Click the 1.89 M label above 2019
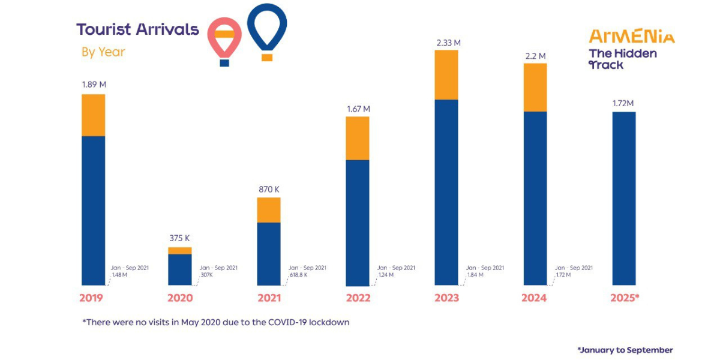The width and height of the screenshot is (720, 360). pyautogui.click(x=93, y=85)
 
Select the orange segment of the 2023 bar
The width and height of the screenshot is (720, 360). pyautogui.click(x=446, y=74)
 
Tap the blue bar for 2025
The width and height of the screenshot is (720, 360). pyautogui.click(x=623, y=198)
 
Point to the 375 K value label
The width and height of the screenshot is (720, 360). pyautogui.click(x=179, y=238)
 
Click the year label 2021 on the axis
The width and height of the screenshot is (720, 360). pyautogui.click(x=268, y=298)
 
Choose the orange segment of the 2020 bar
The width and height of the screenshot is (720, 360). pyautogui.click(x=179, y=250)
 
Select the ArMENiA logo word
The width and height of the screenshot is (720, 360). pyautogui.click(x=632, y=37)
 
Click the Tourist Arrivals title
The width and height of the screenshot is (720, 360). pyautogui.click(x=137, y=29)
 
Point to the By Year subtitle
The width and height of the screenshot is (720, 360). pyautogui.click(x=103, y=52)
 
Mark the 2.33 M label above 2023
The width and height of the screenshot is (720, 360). pyautogui.click(x=446, y=43)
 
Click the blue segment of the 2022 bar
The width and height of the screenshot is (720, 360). pyautogui.click(x=358, y=222)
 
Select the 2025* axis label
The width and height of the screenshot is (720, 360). pyautogui.click(x=625, y=298)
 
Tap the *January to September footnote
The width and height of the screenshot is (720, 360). pyautogui.click(x=625, y=350)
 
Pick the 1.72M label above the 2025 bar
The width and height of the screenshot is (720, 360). pyautogui.click(x=623, y=104)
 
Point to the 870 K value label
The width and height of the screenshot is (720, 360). pyautogui.click(x=268, y=190)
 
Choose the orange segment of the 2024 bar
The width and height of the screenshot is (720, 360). pyautogui.click(x=535, y=87)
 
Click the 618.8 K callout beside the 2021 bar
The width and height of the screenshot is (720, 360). pyautogui.click(x=298, y=275)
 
